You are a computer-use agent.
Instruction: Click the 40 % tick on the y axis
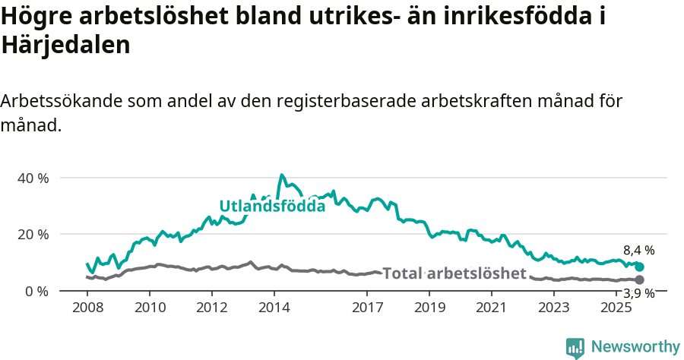pyautogui.click(x=33, y=178)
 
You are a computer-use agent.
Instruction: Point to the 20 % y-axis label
pyautogui.click(x=33, y=234)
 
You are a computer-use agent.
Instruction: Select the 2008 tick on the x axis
pyautogui.click(x=87, y=308)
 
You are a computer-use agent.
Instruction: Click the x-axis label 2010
pyautogui.click(x=150, y=308)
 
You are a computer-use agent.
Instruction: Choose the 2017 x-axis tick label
pyautogui.click(x=368, y=308)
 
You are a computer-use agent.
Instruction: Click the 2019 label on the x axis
pyautogui.click(x=430, y=308)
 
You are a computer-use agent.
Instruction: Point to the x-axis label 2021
pyautogui.click(x=492, y=308)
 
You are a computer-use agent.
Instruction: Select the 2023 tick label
pyautogui.click(x=554, y=308)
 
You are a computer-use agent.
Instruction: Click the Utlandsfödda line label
pyautogui.click(x=272, y=206)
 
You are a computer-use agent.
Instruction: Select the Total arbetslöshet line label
pyautogui.click(x=454, y=273)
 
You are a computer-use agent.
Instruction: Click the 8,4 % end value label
pyautogui.click(x=639, y=250)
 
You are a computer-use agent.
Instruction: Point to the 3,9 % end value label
pyautogui.click(x=639, y=293)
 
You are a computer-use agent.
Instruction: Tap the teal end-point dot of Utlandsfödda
pyautogui.click(x=640, y=267)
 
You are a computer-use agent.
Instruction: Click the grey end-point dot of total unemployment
pyautogui.click(x=640, y=280)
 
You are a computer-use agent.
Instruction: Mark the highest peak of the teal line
pyautogui.click(x=282, y=175)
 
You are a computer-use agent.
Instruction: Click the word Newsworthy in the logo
pyautogui.click(x=635, y=347)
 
